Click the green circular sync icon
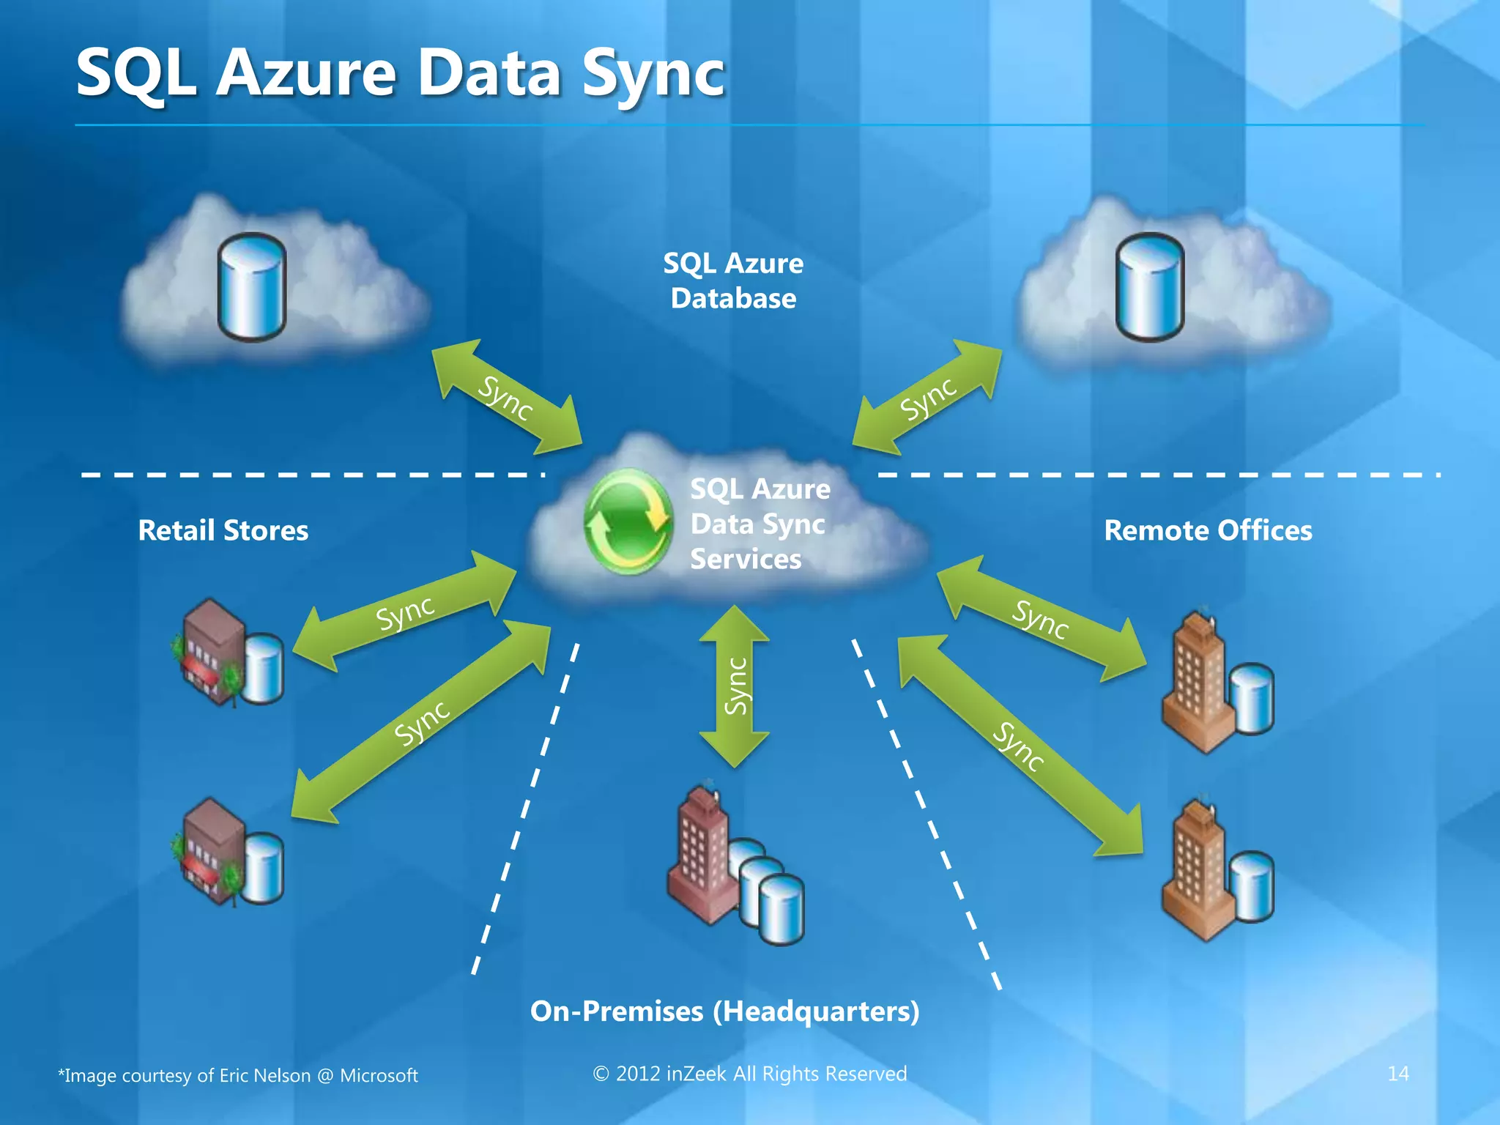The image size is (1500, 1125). (x=628, y=521)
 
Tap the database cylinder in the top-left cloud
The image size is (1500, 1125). (x=252, y=287)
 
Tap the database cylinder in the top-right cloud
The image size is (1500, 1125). (x=1149, y=287)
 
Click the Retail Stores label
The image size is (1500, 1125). (x=223, y=530)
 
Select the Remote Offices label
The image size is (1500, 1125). (x=1208, y=530)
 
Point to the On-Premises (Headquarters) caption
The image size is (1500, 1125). (x=724, y=1011)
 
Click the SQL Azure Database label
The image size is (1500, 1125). (x=733, y=281)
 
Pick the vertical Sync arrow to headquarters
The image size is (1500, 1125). (x=735, y=686)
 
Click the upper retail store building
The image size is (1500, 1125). (x=212, y=650)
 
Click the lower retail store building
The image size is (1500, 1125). (x=212, y=850)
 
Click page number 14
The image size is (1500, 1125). (x=1397, y=1074)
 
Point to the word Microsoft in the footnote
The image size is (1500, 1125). (x=379, y=1075)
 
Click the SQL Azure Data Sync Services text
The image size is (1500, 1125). (x=759, y=524)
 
